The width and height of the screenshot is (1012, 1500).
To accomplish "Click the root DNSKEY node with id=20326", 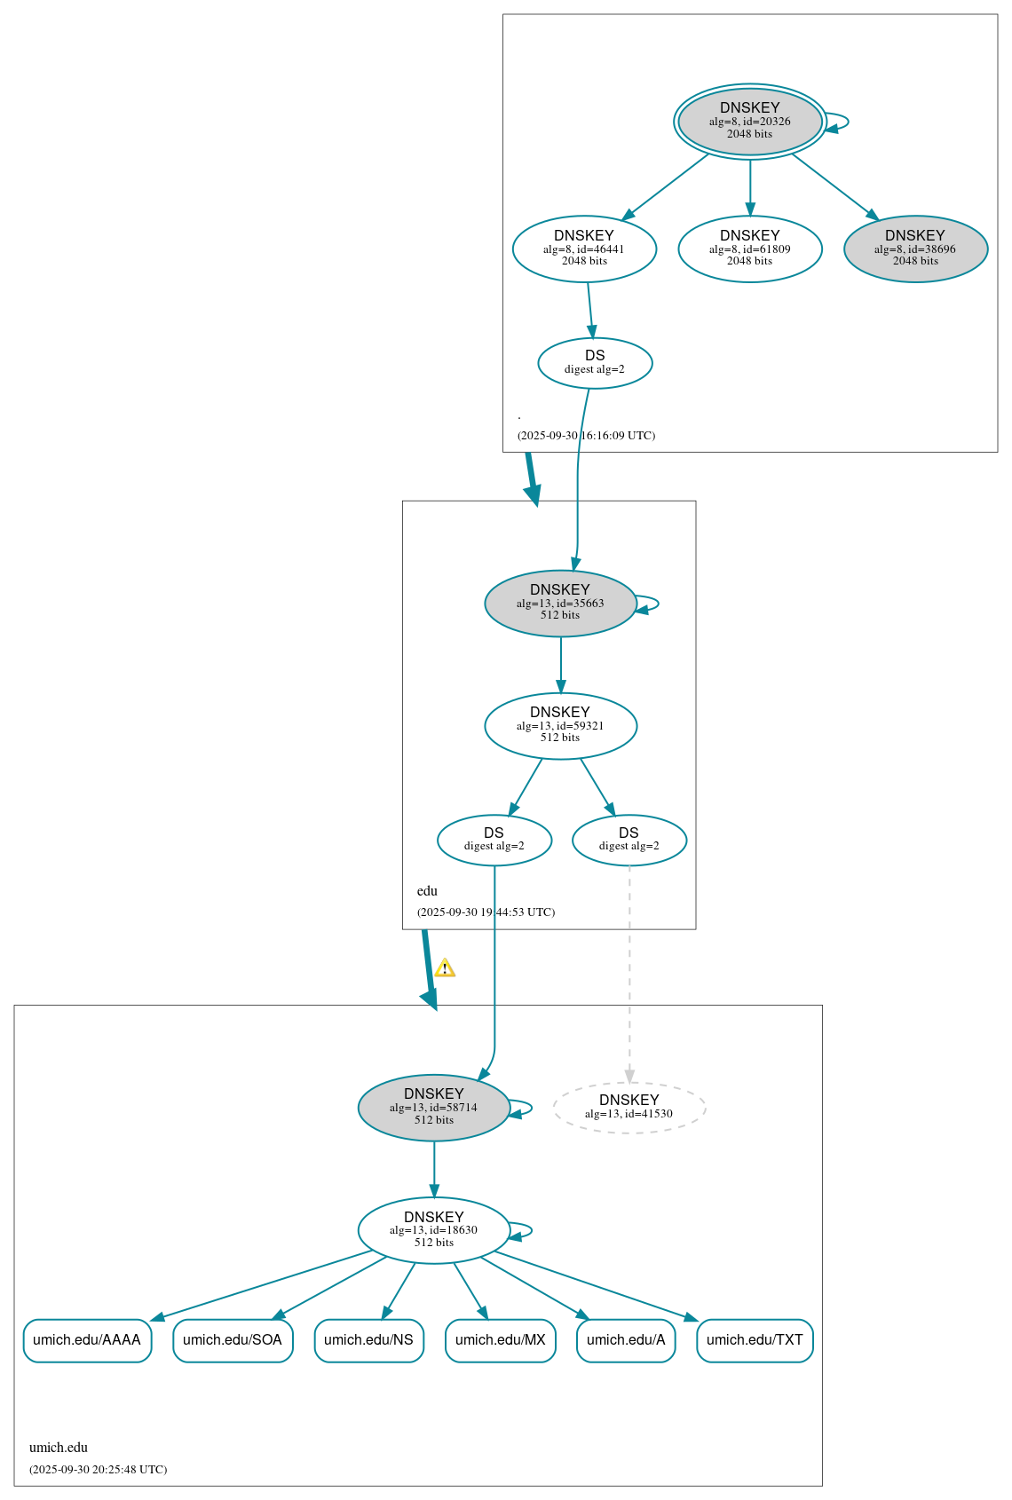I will click(x=750, y=122).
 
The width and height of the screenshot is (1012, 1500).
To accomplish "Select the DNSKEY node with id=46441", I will click(x=584, y=249).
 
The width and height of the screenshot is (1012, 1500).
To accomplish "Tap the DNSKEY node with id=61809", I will click(x=750, y=249).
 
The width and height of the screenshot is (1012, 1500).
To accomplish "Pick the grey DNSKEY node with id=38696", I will click(x=915, y=249).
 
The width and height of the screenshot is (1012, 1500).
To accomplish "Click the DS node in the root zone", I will click(x=595, y=363).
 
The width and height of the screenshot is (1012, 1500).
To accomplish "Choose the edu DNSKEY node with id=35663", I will click(x=560, y=604).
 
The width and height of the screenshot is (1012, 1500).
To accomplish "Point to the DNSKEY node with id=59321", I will click(x=560, y=726).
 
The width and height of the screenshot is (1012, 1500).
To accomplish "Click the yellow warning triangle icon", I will click(x=445, y=968).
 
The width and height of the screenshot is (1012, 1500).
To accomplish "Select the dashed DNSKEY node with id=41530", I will click(x=629, y=1107).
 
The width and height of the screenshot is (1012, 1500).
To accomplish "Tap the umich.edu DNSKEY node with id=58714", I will click(x=433, y=1108).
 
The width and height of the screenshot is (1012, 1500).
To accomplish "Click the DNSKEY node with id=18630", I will click(x=433, y=1230).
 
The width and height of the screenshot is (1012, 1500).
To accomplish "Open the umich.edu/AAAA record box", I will click(x=87, y=1340).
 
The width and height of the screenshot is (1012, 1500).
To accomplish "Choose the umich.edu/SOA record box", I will click(x=233, y=1340).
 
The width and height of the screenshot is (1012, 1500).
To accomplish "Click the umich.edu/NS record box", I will click(x=368, y=1340).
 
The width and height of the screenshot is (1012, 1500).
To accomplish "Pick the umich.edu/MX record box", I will click(x=501, y=1340).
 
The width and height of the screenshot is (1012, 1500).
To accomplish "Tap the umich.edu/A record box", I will click(x=626, y=1340).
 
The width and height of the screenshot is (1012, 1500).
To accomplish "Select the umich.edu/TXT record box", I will click(x=755, y=1340).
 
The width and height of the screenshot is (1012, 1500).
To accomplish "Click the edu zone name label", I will click(x=427, y=891).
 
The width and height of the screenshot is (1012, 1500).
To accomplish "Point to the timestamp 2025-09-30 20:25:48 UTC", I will click(x=98, y=1469).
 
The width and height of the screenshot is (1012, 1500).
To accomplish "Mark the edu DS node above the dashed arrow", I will click(x=629, y=840).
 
